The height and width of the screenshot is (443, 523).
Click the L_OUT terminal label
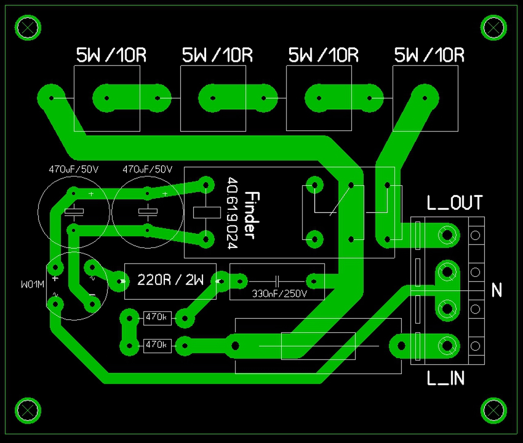(454, 203)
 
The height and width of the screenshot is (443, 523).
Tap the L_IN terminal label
(446, 379)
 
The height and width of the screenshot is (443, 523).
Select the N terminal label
(497, 290)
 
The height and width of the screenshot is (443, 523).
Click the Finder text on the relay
(252, 215)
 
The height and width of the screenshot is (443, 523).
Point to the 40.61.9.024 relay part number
(232, 213)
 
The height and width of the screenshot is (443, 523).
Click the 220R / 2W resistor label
(170, 280)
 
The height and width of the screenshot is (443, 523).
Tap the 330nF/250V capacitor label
(279, 294)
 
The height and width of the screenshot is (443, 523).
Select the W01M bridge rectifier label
(33, 285)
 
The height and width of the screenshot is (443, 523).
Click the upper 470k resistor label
(156, 317)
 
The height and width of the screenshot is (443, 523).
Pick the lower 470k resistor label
(156, 345)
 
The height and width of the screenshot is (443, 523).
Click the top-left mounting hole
(28, 28)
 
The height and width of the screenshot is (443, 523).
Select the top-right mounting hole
(494, 28)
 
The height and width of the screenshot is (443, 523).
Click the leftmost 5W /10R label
(111, 55)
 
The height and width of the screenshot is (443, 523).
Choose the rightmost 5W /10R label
(429, 55)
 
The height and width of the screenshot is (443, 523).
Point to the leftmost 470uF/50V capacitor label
(74, 170)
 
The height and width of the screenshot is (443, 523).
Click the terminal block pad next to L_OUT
(446, 235)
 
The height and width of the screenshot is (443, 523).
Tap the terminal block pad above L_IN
(446, 346)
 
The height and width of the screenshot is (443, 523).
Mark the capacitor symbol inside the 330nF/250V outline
(278, 280)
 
